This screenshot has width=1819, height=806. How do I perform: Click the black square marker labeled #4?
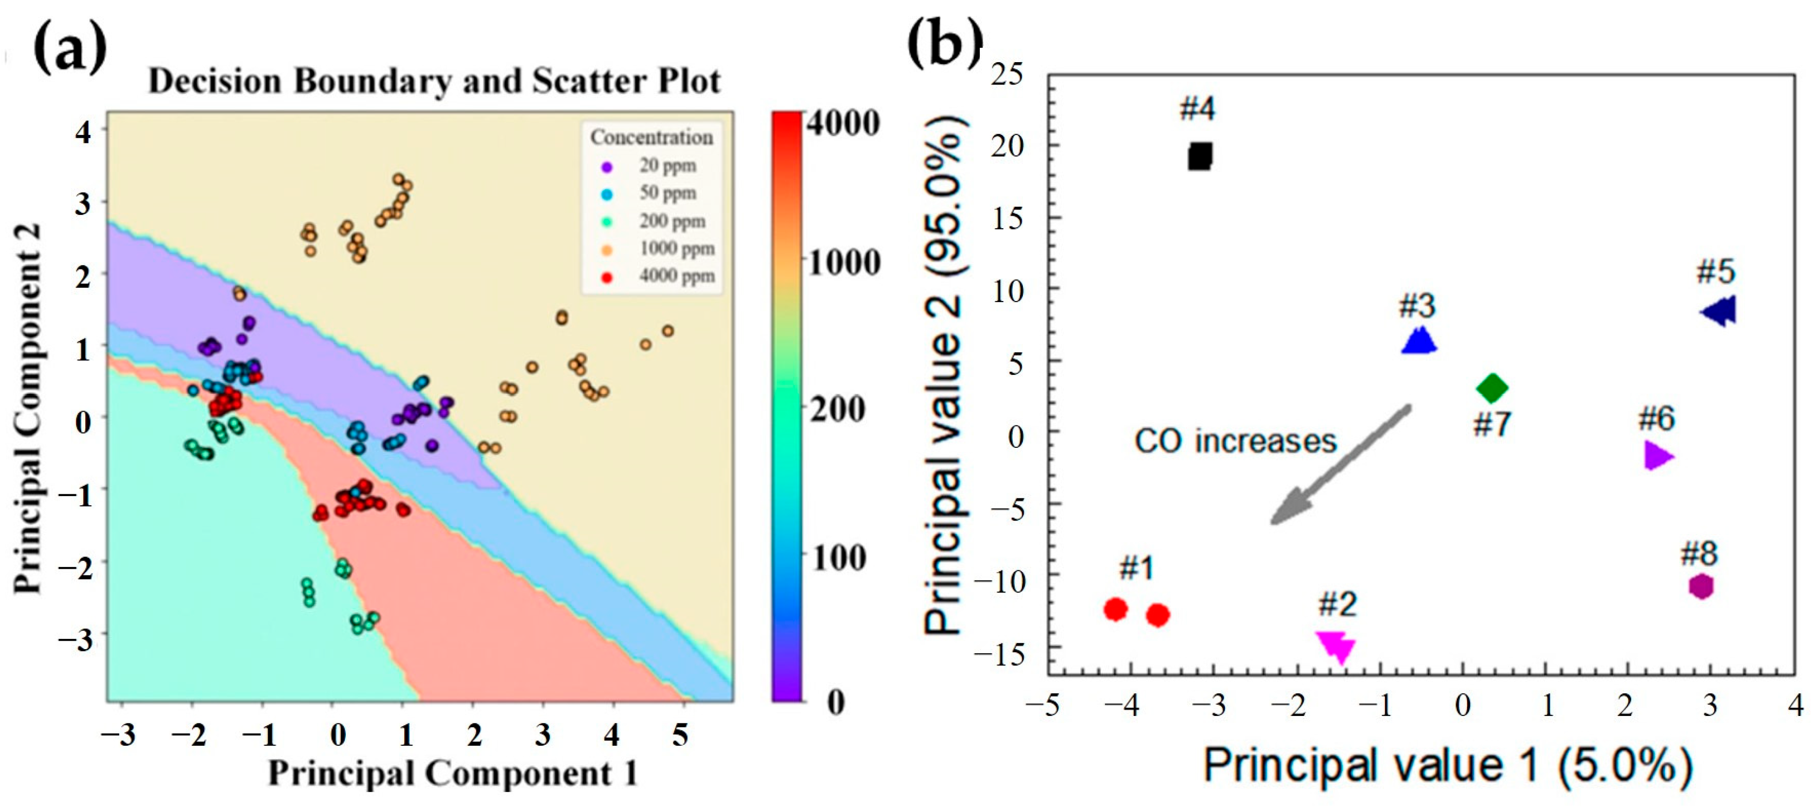pyautogui.click(x=1199, y=156)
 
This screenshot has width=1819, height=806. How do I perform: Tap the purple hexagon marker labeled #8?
pyautogui.click(x=1702, y=587)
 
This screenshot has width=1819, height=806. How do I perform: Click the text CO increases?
pyautogui.click(x=1235, y=441)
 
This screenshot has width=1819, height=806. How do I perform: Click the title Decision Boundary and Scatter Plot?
pyautogui.click(x=434, y=81)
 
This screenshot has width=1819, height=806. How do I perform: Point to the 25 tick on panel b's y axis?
pyautogui.click(x=1006, y=73)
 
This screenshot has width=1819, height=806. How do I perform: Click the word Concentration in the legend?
pyautogui.click(x=651, y=137)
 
